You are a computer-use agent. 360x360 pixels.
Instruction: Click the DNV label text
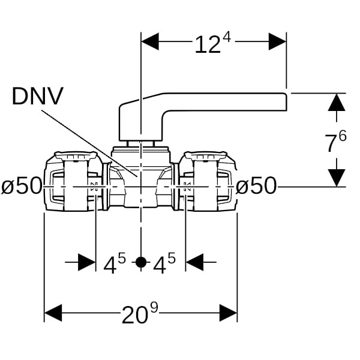[37, 97]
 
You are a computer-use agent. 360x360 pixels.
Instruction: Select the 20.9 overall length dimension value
[141, 313]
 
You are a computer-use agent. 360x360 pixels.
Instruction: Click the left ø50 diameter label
[22, 187]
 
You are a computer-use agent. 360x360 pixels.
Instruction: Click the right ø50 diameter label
[256, 187]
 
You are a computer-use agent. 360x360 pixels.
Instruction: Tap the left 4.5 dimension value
[114, 263]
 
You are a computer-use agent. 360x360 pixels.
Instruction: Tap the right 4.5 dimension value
[164, 263]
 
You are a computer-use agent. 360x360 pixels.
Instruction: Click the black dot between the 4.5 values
[140, 262]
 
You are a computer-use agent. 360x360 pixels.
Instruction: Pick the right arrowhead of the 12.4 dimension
[277, 41]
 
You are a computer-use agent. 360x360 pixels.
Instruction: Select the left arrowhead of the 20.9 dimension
[53, 313]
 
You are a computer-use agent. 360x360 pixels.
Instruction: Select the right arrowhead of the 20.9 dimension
[228, 313]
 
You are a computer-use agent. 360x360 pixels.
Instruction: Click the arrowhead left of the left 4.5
[87, 262]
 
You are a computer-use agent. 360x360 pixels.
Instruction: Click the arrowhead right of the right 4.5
[194, 262]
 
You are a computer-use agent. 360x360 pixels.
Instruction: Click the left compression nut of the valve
[71, 182]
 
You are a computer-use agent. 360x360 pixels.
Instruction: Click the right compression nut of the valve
[210, 182]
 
